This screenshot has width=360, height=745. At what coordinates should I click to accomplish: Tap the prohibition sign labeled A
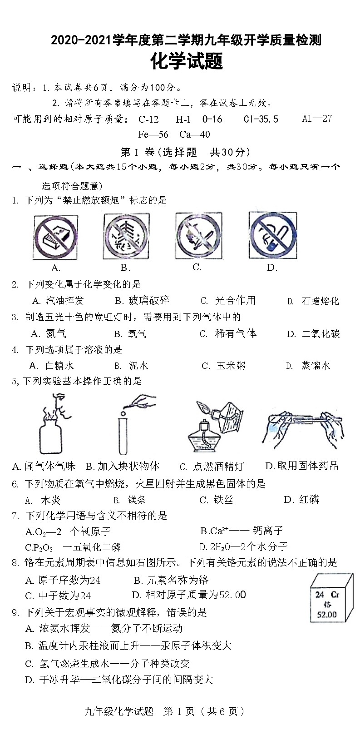click(55, 237)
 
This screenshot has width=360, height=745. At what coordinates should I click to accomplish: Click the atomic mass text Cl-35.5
click(261, 119)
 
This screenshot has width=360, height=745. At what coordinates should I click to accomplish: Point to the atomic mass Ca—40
click(194, 134)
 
